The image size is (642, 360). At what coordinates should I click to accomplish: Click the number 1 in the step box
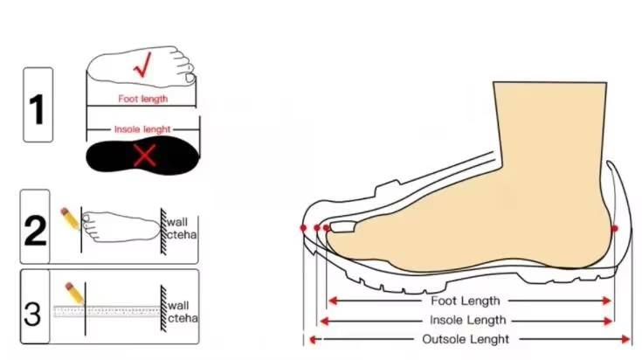[x=37, y=109]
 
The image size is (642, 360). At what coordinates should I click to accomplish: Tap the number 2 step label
[x=35, y=228]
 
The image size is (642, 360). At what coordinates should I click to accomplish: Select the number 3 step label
[x=33, y=313]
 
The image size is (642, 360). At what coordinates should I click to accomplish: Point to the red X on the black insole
[x=144, y=156]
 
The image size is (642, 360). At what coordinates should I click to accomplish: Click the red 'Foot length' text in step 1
[x=142, y=99]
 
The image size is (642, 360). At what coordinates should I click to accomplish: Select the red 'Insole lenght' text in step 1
[x=142, y=128]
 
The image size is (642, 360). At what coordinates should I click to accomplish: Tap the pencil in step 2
[x=70, y=218]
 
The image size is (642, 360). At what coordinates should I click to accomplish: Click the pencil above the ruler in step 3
[x=72, y=292]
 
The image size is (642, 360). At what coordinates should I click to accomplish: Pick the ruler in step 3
[x=105, y=311]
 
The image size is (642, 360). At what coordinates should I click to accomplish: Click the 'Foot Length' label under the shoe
[x=466, y=301]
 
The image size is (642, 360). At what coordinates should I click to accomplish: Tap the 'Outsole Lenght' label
[x=466, y=339]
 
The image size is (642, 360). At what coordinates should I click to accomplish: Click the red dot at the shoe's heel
[x=615, y=228]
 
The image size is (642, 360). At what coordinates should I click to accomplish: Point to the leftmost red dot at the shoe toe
[x=303, y=228]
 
